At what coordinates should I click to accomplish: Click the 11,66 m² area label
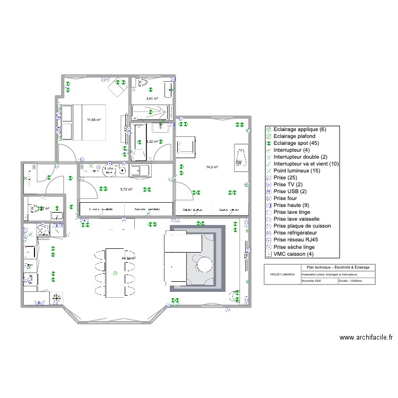(94, 120)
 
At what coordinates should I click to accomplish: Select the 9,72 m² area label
(126, 189)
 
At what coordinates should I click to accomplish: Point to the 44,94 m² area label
(128, 258)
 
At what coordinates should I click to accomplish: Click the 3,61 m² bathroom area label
(152, 99)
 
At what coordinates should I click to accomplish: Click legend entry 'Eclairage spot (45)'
(298, 143)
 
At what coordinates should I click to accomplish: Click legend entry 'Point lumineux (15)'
(298, 171)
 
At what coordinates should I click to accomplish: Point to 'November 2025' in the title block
(312, 281)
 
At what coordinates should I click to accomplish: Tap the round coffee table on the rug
(204, 264)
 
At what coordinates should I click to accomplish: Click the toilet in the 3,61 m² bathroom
(142, 83)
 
